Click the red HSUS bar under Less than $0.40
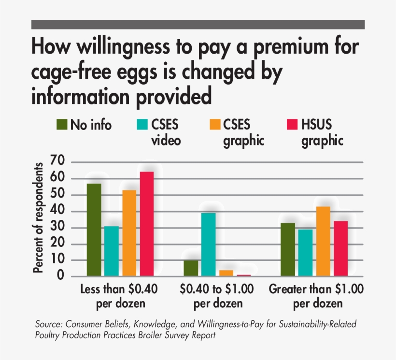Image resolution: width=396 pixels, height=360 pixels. (x=147, y=224)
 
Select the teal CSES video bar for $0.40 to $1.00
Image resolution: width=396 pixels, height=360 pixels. (x=209, y=245)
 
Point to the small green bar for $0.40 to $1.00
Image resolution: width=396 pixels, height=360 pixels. (x=191, y=268)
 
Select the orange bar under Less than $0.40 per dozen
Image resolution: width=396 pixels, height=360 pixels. (x=129, y=233)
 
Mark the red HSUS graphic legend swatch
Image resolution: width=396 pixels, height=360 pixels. (x=291, y=125)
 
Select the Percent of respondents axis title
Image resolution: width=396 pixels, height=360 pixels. (x=39, y=217)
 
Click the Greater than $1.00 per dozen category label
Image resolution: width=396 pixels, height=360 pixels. (x=317, y=296)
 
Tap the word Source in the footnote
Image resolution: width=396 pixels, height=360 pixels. (x=49, y=324)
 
